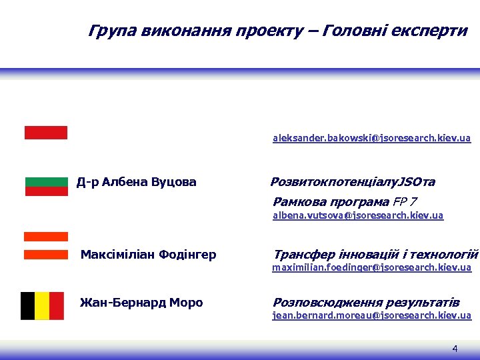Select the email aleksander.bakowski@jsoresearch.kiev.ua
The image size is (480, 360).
click(x=371, y=139)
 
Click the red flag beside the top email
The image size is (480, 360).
click(x=46, y=133)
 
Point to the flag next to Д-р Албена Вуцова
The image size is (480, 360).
click(x=47, y=187)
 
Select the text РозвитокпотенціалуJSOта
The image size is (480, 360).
click(x=353, y=182)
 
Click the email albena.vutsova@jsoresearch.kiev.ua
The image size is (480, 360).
click(x=358, y=216)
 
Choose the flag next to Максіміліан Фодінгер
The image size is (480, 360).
click(x=46, y=245)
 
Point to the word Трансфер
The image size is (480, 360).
click(x=300, y=255)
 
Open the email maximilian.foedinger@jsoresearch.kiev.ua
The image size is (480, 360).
click(x=371, y=267)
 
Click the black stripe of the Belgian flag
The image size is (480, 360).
click(x=28, y=305)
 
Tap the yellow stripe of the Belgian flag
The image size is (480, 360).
click(x=43, y=305)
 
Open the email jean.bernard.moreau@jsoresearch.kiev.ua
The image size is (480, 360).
click(x=371, y=315)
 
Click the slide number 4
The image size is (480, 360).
click(x=455, y=349)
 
